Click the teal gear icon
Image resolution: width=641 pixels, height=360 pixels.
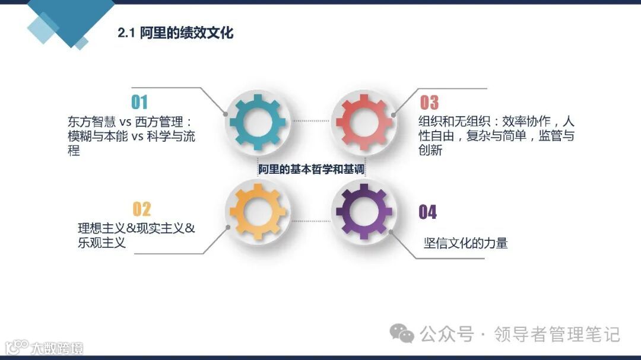point(257,122)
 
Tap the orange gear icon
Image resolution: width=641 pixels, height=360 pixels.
point(257,211)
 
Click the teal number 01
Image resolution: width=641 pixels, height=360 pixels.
point(139,103)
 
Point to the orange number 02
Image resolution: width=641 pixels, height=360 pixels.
point(141,209)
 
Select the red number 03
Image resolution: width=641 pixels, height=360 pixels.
point(429,103)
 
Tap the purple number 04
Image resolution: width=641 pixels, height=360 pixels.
point(428,212)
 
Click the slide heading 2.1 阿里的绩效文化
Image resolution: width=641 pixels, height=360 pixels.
point(175,33)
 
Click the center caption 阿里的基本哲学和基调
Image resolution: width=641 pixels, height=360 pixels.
point(311,169)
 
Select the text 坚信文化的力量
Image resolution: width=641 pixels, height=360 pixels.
point(466,243)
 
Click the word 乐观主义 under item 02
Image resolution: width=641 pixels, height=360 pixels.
point(101,242)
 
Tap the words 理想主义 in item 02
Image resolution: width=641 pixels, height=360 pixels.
point(101,228)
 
